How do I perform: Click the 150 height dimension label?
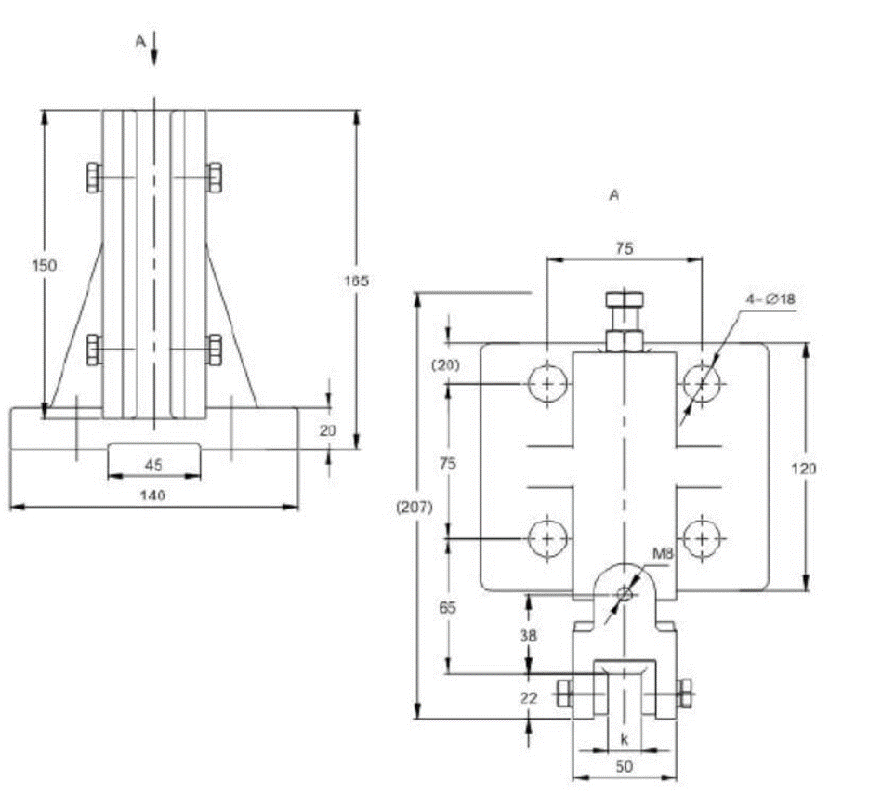pyautogui.click(x=45, y=266)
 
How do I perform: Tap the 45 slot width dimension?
pyautogui.click(x=153, y=464)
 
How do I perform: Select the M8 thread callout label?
pyautogui.click(x=663, y=555)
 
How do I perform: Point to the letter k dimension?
pyautogui.click(x=624, y=738)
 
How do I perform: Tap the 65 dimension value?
pyautogui.click(x=447, y=608)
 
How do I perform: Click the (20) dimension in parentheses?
pyautogui.click(x=447, y=365)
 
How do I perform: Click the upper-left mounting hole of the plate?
pyautogui.click(x=547, y=382)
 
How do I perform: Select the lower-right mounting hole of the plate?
pyautogui.click(x=702, y=538)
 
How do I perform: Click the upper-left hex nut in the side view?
pyautogui.click(x=93, y=178)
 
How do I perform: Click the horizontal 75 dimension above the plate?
pyautogui.click(x=624, y=248)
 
